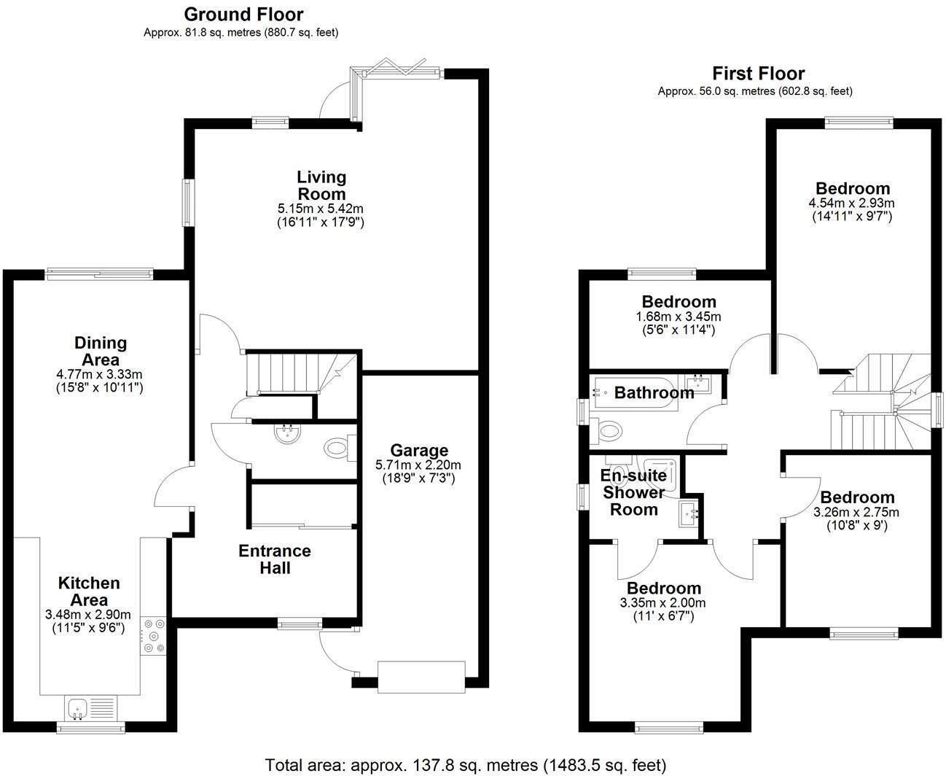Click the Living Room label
click(321, 185)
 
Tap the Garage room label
click(418, 450)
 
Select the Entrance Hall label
click(274, 559)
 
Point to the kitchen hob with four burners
click(154, 635)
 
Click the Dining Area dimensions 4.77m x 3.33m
click(100, 374)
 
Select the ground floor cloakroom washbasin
click(285, 434)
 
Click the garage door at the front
click(421, 676)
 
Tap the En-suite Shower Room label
click(633, 492)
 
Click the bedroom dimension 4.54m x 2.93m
click(852, 203)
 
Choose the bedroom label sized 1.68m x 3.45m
click(679, 302)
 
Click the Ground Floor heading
click(243, 14)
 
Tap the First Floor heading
click(758, 73)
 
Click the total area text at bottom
click(465, 765)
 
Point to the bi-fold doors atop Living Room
click(399, 71)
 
